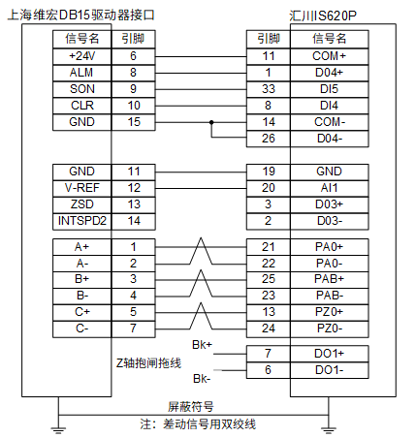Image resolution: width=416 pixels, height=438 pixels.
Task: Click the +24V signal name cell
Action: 82,56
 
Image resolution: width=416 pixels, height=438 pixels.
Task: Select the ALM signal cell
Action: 82,73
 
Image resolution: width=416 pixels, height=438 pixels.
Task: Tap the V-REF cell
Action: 82,188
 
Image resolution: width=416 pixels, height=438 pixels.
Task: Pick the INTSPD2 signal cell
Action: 82,221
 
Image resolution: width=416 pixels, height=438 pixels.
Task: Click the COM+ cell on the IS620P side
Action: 330,56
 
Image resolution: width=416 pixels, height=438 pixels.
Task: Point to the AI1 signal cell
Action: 330,188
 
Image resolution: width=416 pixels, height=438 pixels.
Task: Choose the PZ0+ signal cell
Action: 330,312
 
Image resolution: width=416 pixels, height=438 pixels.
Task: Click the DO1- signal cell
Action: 330,370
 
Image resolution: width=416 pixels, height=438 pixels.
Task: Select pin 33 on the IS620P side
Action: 269,89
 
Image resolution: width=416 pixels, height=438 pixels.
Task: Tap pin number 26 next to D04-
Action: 269,139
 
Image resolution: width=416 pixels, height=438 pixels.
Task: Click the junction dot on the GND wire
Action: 211,122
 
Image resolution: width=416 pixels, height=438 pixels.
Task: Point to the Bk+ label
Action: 202,345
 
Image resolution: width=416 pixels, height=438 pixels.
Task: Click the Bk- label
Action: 202,378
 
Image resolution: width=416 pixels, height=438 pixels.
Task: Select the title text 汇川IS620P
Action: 323,16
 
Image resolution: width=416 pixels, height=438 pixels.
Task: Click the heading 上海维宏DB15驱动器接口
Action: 80,16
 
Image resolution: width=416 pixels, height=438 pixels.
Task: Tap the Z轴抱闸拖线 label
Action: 148,363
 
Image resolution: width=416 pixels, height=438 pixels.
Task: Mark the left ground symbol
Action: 58,429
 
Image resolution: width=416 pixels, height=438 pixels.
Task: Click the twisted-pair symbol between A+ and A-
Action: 201,251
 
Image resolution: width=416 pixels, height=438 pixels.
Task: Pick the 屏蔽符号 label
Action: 191,407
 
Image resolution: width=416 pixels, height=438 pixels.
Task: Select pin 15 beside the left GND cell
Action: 134,122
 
